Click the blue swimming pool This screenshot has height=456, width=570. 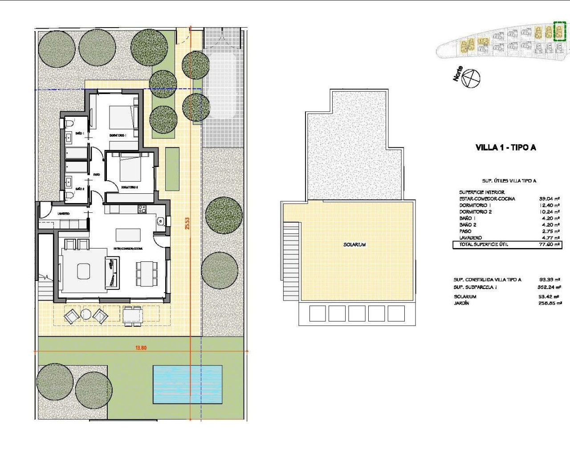pos(187,384)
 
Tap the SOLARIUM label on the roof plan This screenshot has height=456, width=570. pos(354,244)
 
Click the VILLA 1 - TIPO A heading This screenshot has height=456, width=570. pos(505,147)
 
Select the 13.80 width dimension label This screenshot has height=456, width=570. pos(141,348)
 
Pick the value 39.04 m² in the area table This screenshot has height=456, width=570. pos(549,199)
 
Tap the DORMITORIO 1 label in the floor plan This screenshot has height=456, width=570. pos(118,135)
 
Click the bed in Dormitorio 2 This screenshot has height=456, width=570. pos(130,168)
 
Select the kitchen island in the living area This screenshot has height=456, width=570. pos(128,234)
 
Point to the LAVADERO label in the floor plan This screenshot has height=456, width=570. pos(63,214)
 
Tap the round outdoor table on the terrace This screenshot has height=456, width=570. pos(86,315)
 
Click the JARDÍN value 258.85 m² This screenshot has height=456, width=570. pos(550,303)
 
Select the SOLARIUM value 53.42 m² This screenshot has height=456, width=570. pos(550,297)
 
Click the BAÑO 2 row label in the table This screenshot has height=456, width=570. pos(468,225)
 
